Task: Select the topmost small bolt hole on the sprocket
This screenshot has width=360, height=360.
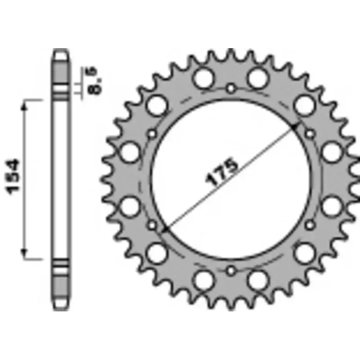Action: tap(231, 87)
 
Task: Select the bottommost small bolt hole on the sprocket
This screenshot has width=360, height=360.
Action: tap(231, 270)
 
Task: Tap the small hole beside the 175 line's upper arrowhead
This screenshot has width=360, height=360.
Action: tap(310, 133)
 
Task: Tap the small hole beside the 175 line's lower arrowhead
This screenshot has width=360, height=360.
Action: tap(152, 224)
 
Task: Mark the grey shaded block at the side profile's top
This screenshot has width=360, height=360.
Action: tap(61, 72)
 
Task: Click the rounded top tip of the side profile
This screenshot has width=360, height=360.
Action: tap(61, 52)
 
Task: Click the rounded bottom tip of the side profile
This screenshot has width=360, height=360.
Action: tap(61, 309)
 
